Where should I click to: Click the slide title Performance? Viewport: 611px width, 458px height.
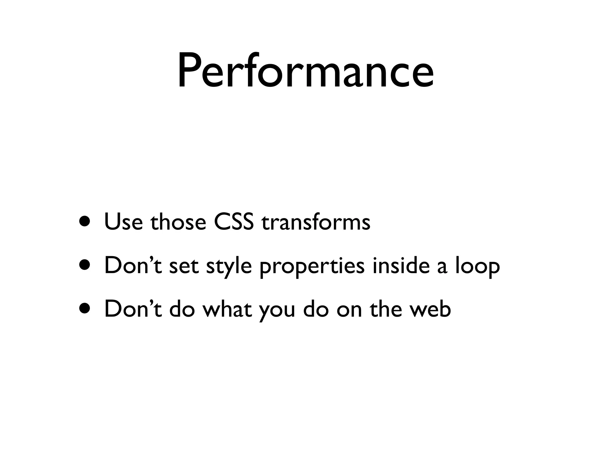(305, 72)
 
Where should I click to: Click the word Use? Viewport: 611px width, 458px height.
(123, 222)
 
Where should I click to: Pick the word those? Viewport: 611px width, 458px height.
(178, 222)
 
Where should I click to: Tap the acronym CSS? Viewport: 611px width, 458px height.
(234, 222)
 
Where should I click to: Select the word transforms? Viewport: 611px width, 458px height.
(316, 222)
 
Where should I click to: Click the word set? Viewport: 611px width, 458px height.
(184, 266)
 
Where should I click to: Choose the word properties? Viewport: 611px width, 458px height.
(312, 266)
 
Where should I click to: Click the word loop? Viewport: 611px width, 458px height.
(477, 266)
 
